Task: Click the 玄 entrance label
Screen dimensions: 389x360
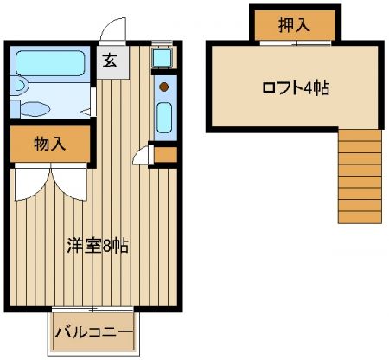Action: coord(110,61)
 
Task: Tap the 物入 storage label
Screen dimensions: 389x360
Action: coord(50,144)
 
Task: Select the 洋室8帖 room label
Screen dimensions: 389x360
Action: coord(98,246)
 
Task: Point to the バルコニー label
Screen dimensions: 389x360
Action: coord(94,332)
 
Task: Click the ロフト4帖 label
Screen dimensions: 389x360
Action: coord(296,88)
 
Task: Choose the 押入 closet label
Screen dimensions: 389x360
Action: coord(294,25)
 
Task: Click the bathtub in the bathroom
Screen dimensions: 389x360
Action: coord(50,63)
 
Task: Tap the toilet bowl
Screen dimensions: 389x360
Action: coord(35,109)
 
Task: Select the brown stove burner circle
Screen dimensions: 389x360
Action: coord(163,87)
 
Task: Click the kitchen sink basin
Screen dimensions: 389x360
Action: coord(164,118)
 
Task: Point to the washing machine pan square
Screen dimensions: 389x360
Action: coord(163,58)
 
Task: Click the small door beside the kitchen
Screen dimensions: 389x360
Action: coord(143,155)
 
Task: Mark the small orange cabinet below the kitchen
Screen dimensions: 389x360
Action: coord(165,155)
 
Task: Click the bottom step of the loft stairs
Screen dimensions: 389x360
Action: coord(360,217)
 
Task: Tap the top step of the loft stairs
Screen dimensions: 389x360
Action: coord(360,135)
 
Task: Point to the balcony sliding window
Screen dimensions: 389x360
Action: coord(92,310)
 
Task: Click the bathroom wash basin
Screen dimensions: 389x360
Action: coord(20,86)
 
